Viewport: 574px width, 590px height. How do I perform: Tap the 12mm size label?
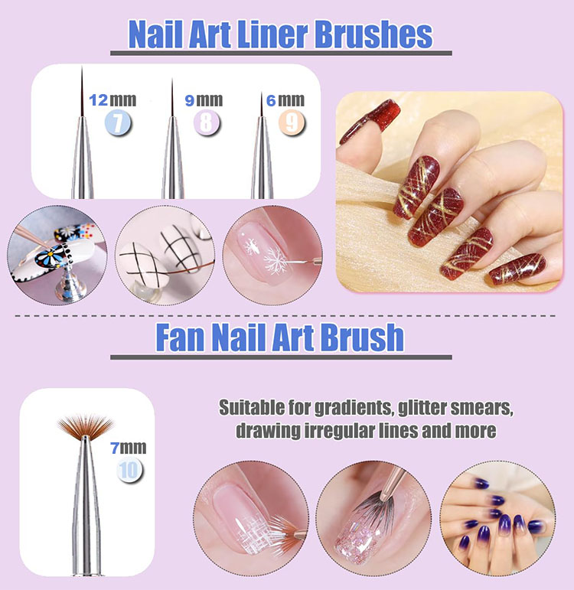point(113,100)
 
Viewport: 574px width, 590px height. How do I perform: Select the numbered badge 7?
point(118,123)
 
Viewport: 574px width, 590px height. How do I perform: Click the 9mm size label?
point(204,100)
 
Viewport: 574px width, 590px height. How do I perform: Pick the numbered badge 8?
point(207,123)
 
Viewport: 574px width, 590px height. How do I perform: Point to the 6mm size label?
point(285,100)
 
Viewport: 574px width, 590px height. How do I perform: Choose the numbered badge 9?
point(292,123)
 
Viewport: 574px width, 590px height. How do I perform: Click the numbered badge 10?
point(129,471)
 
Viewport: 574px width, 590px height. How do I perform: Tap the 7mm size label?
point(129,448)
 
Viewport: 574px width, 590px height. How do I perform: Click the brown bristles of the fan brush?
point(86,425)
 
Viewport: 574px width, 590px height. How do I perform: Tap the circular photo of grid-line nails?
point(165,255)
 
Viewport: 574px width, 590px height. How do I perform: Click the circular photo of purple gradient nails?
point(497,518)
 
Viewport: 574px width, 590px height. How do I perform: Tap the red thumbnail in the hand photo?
point(370,120)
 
